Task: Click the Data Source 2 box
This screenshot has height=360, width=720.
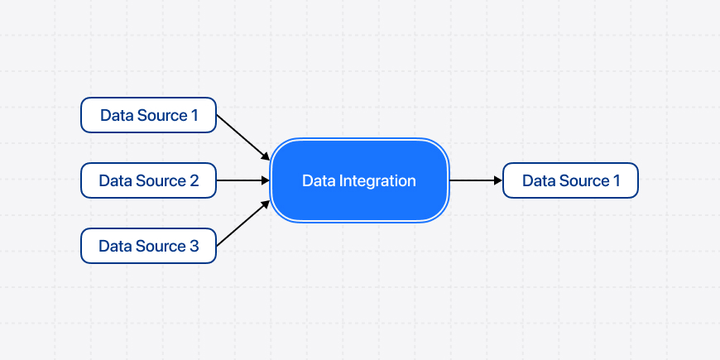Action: (x=148, y=180)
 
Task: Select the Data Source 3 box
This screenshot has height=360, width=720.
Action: (x=148, y=246)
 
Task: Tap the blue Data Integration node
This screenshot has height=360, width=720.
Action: (x=359, y=180)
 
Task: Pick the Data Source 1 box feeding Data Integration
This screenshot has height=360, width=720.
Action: (x=148, y=115)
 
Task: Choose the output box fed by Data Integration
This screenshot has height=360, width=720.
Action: (x=570, y=180)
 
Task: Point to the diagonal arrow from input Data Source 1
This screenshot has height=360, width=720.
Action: (x=242, y=136)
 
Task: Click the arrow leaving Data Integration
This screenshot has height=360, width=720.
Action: (x=473, y=180)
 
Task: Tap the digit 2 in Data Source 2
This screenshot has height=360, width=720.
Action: (x=194, y=180)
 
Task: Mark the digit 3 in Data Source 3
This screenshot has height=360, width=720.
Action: (x=194, y=246)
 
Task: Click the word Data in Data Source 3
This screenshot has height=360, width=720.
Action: (x=114, y=246)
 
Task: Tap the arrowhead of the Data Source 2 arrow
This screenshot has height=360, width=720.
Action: (x=266, y=180)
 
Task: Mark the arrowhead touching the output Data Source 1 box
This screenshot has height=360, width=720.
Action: (x=497, y=180)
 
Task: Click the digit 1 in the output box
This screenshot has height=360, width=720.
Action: (x=616, y=180)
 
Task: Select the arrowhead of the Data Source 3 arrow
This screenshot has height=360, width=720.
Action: (x=266, y=204)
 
